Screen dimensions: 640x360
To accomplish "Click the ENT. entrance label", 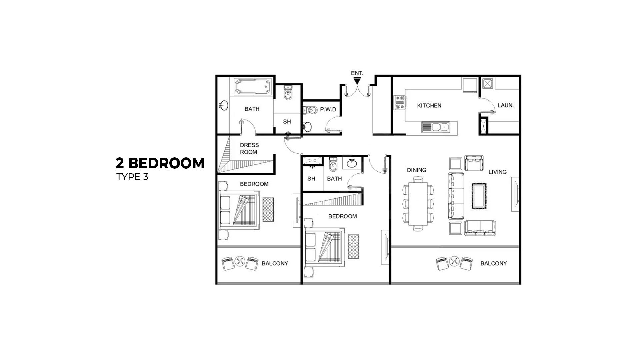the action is click(x=357, y=73).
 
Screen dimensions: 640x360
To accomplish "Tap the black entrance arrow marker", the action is click(x=357, y=81).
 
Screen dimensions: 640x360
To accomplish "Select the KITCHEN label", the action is click(x=429, y=105).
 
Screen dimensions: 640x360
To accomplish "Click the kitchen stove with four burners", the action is click(x=400, y=102).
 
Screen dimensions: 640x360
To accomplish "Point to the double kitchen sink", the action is click(x=436, y=127).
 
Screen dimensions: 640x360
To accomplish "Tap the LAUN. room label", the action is click(x=505, y=105).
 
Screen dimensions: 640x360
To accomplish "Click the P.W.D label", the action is click(x=328, y=109).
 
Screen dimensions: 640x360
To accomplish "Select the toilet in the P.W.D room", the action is click(x=310, y=110).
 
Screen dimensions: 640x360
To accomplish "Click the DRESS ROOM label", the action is click(x=249, y=148).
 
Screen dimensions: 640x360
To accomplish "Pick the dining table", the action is click(x=418, y=204).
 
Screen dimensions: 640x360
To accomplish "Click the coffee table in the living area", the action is click(x=479, y=196).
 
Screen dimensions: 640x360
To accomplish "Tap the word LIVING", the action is click(x=497, y=172).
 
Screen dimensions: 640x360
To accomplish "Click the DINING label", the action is click(x=416, y=170).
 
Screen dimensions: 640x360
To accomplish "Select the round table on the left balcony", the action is click(x=240, y=261).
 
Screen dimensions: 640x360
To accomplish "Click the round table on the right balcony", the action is click(x=454, y=261).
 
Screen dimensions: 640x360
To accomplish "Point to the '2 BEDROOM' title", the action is click(x=160, y=163).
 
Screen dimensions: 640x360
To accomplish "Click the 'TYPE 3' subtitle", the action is click(x=132, y=177).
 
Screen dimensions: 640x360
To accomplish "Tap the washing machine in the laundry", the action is click(x=487, y=83).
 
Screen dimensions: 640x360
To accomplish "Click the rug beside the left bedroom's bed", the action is click(x=268, y=210).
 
